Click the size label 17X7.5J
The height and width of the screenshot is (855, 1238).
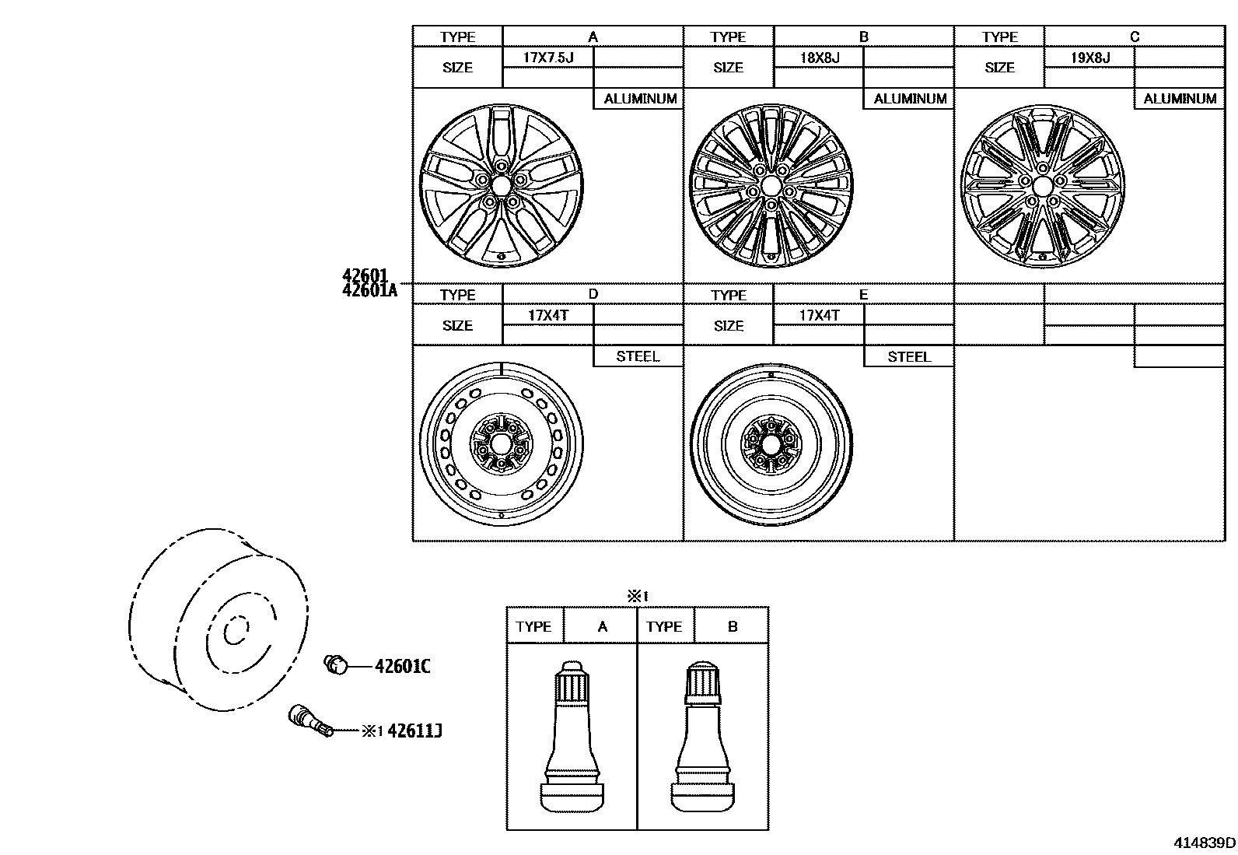click(x=548, y=58)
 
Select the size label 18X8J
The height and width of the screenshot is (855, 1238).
click(x=819, y=58)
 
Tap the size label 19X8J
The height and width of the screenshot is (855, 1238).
click(x=1089, y=58)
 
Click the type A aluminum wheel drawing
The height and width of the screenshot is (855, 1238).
click(x=498, y=185)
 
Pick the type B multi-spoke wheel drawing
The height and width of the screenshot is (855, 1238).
click(x=770, y=185)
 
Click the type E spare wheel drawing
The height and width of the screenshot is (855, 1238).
click(x=771, y=444)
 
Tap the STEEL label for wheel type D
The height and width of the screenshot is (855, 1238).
click(x=638, y=356)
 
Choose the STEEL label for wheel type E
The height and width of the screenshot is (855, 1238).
click(x=908, y=356)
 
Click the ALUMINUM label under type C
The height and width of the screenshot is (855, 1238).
click(x=1179, y=99)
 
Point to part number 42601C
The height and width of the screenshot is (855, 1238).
click(x=402, y=666)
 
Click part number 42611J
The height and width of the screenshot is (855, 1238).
click(x=414, y=731)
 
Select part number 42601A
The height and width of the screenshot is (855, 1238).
click(x=369, y=290)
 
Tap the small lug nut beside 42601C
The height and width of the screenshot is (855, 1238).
click(x=335, y=664)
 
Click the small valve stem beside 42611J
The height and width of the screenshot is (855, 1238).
click(x=309, y=720)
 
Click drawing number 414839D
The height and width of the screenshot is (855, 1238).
click(x=1204, y=843)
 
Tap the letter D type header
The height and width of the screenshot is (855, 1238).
click(x=593, y=294)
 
